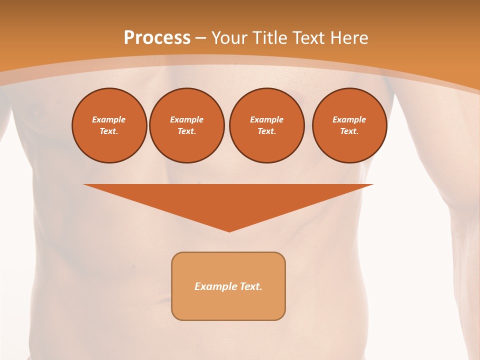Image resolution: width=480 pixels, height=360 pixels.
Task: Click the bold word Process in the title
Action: click(157, 38)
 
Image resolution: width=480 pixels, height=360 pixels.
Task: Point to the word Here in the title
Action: click(350, 38)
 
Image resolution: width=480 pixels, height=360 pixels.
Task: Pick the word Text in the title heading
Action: click(309, 38)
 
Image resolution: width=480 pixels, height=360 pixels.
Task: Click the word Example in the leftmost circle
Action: click(109, 119)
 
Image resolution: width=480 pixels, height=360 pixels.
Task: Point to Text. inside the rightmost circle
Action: click(349, 131)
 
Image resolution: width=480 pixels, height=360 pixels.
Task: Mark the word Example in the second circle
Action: click(186, 119)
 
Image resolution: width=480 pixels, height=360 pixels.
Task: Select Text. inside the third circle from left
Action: click(266, 131)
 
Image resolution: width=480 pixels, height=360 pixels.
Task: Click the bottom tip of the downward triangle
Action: click(229, 230)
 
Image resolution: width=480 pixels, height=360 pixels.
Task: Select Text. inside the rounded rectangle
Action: click(250, 286)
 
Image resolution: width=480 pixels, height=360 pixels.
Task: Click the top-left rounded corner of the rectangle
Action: click(175, 256)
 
